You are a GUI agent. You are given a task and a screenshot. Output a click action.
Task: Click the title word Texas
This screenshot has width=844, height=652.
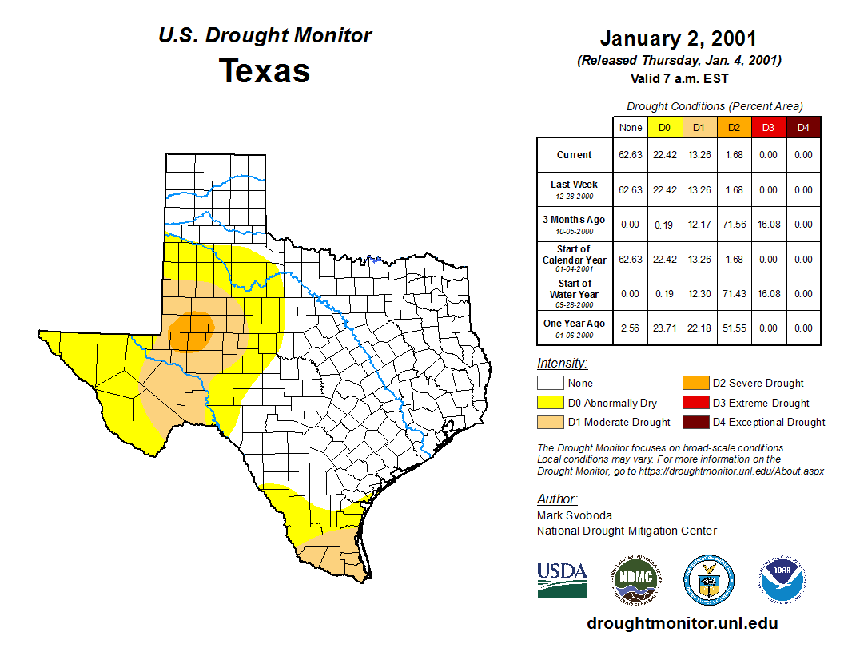265,70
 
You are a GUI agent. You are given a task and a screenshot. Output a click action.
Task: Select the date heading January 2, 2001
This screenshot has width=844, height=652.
678,38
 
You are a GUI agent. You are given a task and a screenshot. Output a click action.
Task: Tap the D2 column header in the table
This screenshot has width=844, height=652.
734,127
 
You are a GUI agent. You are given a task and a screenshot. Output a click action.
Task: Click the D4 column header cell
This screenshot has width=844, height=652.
803,127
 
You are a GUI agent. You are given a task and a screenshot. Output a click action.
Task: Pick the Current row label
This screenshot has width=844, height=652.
574,155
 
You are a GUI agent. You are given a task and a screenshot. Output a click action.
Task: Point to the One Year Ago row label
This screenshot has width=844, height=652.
574,324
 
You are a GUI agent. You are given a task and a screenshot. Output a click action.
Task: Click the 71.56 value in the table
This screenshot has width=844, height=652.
734,225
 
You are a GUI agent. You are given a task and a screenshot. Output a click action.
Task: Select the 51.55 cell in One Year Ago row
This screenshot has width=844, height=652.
734,328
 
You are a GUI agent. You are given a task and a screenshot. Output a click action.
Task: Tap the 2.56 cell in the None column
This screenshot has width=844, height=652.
631,328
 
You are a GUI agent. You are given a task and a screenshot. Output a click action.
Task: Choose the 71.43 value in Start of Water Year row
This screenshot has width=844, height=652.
734,294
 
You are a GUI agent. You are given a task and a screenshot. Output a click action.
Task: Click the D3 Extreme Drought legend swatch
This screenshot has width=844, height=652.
695,403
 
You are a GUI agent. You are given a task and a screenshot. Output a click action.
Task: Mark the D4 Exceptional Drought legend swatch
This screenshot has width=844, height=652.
695,422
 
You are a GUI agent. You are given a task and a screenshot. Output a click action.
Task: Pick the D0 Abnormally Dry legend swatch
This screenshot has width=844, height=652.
550,403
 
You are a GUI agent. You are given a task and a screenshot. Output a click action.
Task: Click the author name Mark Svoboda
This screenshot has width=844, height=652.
574,515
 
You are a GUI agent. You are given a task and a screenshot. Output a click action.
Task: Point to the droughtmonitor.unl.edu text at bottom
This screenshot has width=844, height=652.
682,623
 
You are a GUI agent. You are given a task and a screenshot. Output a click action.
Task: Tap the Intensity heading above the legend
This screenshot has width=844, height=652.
562,364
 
